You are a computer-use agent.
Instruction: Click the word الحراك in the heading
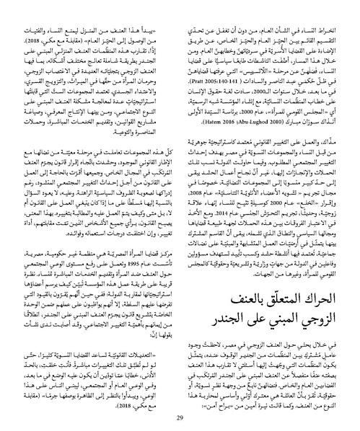tap(317, 277)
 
